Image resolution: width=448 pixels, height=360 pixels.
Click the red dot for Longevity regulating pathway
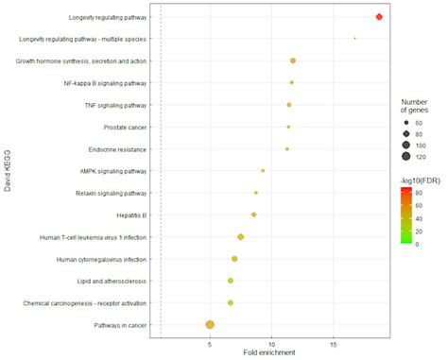coord(379,17)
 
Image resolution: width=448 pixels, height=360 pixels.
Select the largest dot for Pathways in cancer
coord(210,325)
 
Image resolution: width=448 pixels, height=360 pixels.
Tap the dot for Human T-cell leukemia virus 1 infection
coord(241,237)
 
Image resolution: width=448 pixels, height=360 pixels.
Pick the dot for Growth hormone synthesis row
coord(293,60)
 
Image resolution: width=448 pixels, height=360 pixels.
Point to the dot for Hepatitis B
coord(254,214)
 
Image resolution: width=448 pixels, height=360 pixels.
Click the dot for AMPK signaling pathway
coord(263,171)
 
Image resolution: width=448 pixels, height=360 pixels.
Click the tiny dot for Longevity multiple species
coord(354,39)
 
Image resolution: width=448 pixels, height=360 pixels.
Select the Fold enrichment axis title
coord(271,354)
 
